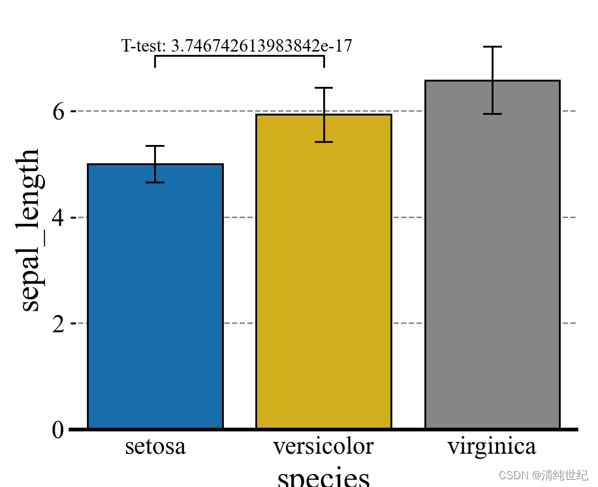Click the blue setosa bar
pos(155,296)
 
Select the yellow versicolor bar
pos(323,272)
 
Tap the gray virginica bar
pos(492,255)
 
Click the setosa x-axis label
pos(155,447)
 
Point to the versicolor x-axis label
pos(323,447)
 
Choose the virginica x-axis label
pos(492,447)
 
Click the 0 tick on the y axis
pos(57,430)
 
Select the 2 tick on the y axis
pos(57,324)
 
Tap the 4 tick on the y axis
pos(57,217)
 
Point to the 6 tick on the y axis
pos(57,112)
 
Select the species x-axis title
pos(323,477)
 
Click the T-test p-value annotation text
pos(237,46)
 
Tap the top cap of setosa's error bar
pos(155,146)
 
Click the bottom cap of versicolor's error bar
pos(324,142)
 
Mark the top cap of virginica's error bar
pos(492,47)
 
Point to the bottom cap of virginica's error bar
pos(492,114)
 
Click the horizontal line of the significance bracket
pos(239,56)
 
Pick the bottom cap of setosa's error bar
pos(155,182)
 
